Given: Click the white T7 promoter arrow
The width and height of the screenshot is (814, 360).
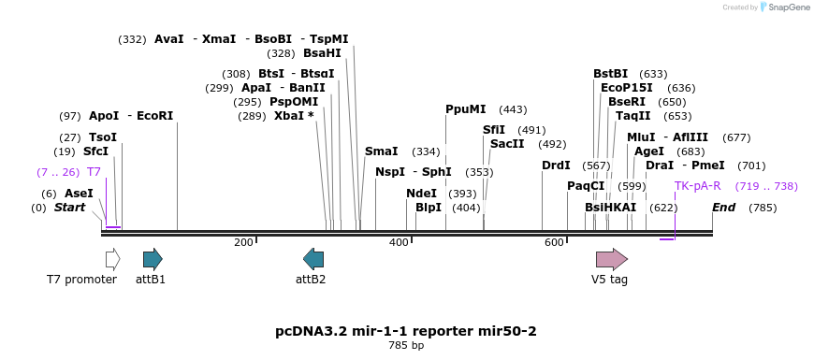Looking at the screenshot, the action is point(112,258).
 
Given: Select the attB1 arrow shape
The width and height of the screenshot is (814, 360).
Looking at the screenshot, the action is point(153,258).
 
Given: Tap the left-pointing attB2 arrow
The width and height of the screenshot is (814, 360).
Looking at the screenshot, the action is point(313,258).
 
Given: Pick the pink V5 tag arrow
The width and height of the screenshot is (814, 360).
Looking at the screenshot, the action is point(612,259).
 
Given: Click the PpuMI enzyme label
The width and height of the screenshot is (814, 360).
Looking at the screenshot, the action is point(466,109).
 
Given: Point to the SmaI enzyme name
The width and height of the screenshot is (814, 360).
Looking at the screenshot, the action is point(382,151).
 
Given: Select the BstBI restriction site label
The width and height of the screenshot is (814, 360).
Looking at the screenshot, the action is point(610,74).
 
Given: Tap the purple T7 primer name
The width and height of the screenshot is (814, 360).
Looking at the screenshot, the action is point(94,172).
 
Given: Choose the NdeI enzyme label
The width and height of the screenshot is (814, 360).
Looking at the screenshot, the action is point(422,194).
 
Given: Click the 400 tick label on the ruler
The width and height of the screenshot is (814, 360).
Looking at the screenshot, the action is point(400,242).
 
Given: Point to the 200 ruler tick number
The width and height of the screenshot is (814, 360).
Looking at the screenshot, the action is point(243,242).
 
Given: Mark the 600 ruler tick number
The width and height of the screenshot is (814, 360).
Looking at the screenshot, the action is point(555,242).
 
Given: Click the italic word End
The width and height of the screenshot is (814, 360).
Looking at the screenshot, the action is point(723,208).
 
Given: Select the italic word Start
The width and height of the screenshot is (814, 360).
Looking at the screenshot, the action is point(69,208).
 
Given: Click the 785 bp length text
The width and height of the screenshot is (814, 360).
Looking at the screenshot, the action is point(406,344).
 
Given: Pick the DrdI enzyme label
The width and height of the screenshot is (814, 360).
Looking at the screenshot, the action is point(556,166).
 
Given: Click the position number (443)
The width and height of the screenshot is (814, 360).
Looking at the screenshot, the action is point(513,109).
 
